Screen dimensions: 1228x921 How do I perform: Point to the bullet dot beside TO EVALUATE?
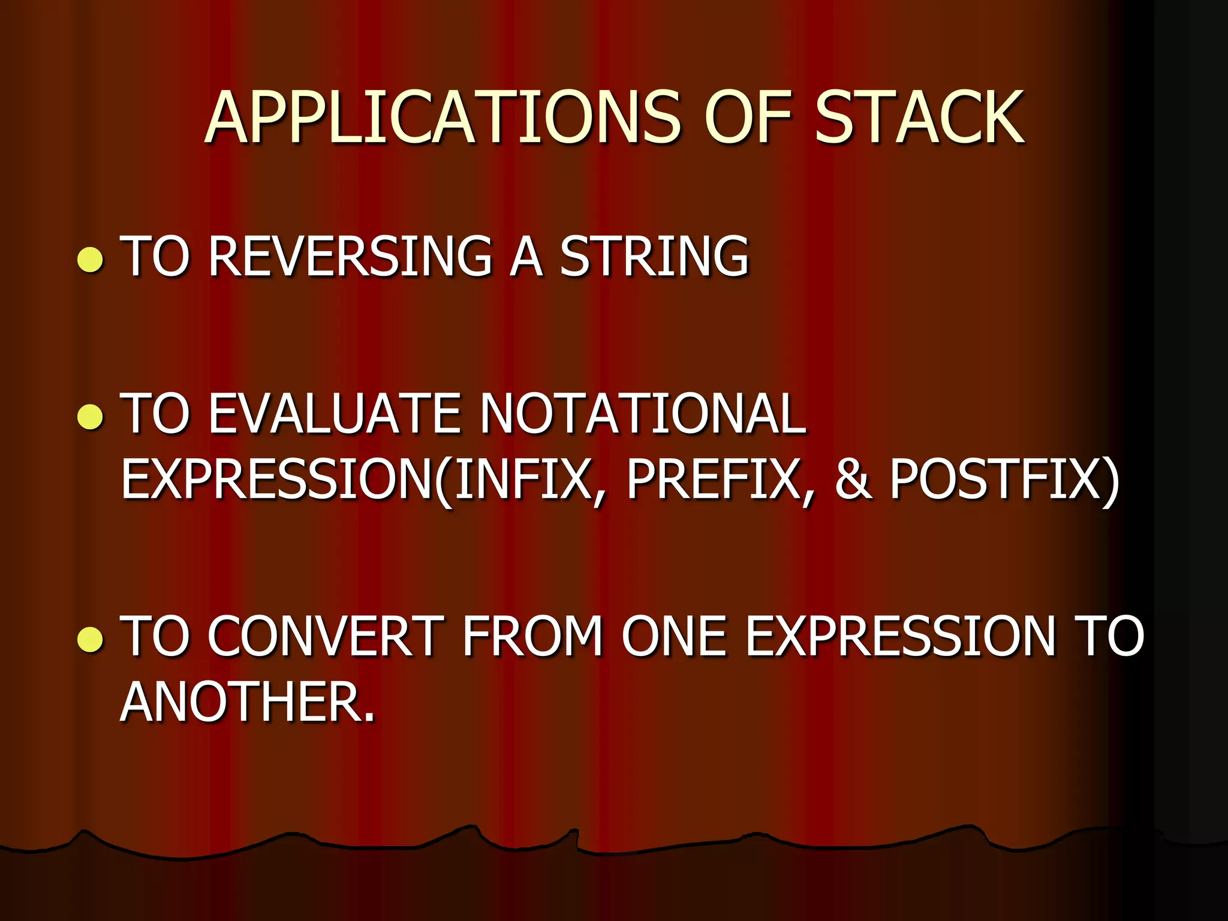point(91,417)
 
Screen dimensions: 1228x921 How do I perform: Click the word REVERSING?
point(350,257)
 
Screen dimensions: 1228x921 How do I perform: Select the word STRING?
point(654,257)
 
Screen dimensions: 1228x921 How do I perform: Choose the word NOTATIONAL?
point(643,414)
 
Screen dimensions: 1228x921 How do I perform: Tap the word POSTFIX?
point(995,480)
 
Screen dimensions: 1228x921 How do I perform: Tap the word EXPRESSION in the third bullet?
point(899,637)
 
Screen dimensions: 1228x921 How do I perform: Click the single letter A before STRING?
point(526,257)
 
